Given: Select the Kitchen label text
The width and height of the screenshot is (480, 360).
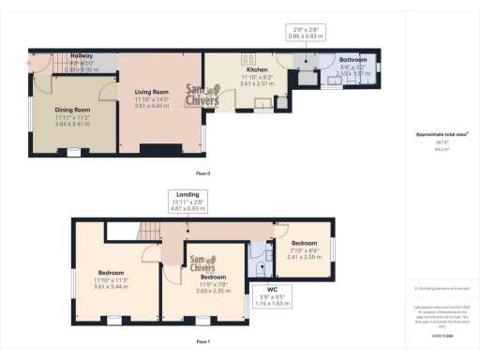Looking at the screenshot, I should click(x=258, y=69).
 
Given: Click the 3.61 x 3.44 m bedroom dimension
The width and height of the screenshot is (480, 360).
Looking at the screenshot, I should click(x=110, y=285).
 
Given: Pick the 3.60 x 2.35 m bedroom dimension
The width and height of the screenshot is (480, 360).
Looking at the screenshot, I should click(x=213, y=291).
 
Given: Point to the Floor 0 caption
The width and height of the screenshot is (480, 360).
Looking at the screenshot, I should click(x=202, y=174).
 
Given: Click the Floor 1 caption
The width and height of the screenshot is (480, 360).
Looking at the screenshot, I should click(x=202, y=343).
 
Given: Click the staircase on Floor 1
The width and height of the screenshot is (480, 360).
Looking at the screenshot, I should click(x=145, y=232).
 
